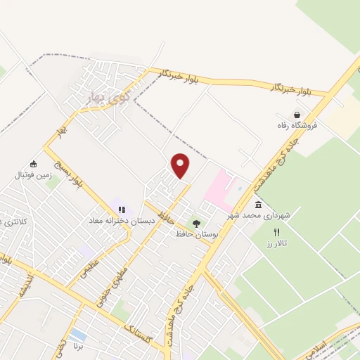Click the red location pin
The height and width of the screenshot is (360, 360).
coord(181,165)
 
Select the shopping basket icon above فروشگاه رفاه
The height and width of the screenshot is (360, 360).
coord(297,115)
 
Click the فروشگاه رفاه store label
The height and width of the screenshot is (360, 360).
coord(297,126)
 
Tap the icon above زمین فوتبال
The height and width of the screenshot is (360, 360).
coord(33,164)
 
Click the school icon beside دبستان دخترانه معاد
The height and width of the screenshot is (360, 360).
coord(122,210)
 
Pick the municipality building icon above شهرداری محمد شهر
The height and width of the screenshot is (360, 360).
coord(258,205)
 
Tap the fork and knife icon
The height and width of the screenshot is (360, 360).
coord(276,232)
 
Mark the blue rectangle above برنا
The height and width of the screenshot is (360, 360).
coord(79,335)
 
